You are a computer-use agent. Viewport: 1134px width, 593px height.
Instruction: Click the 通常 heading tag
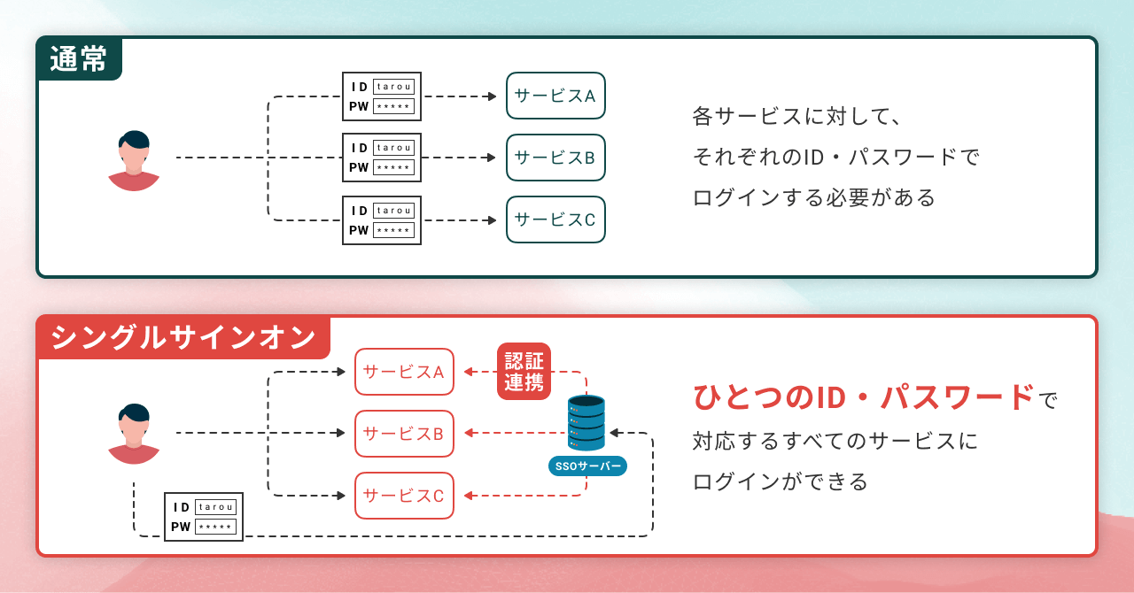[x=79, y=58]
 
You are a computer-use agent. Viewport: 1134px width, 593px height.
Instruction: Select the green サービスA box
[x=555, y=96]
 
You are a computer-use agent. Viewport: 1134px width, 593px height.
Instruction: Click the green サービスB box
[x=555, y=158]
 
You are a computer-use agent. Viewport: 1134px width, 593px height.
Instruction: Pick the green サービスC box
[x=555, y=219]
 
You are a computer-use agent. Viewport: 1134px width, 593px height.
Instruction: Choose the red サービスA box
[x=404, y=372]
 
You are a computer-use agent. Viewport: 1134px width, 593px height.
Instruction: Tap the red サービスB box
[x=404, y=434]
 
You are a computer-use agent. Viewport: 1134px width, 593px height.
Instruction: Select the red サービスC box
[x=404, y=496]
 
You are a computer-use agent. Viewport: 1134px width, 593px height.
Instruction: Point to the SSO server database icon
[x=586, y=423]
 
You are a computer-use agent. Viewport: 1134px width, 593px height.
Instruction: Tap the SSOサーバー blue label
[x=586, y=466]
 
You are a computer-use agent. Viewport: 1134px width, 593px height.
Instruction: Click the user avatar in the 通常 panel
[x=134, y=161]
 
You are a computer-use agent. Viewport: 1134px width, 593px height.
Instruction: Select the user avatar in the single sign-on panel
[x=134, y=434]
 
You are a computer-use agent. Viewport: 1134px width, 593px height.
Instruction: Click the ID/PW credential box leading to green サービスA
[x=382, y=96]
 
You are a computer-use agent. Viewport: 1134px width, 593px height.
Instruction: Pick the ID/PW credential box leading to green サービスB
[x=382, y=158]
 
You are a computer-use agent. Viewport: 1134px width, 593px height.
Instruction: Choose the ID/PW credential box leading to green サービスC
[x=382, y=220]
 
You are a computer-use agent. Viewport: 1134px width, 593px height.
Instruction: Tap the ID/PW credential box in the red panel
[x=204, y=517]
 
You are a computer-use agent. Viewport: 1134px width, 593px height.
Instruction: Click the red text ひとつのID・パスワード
[x=864, y=397]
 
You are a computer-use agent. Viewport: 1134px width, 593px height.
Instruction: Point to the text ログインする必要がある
[x=814, y=197]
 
